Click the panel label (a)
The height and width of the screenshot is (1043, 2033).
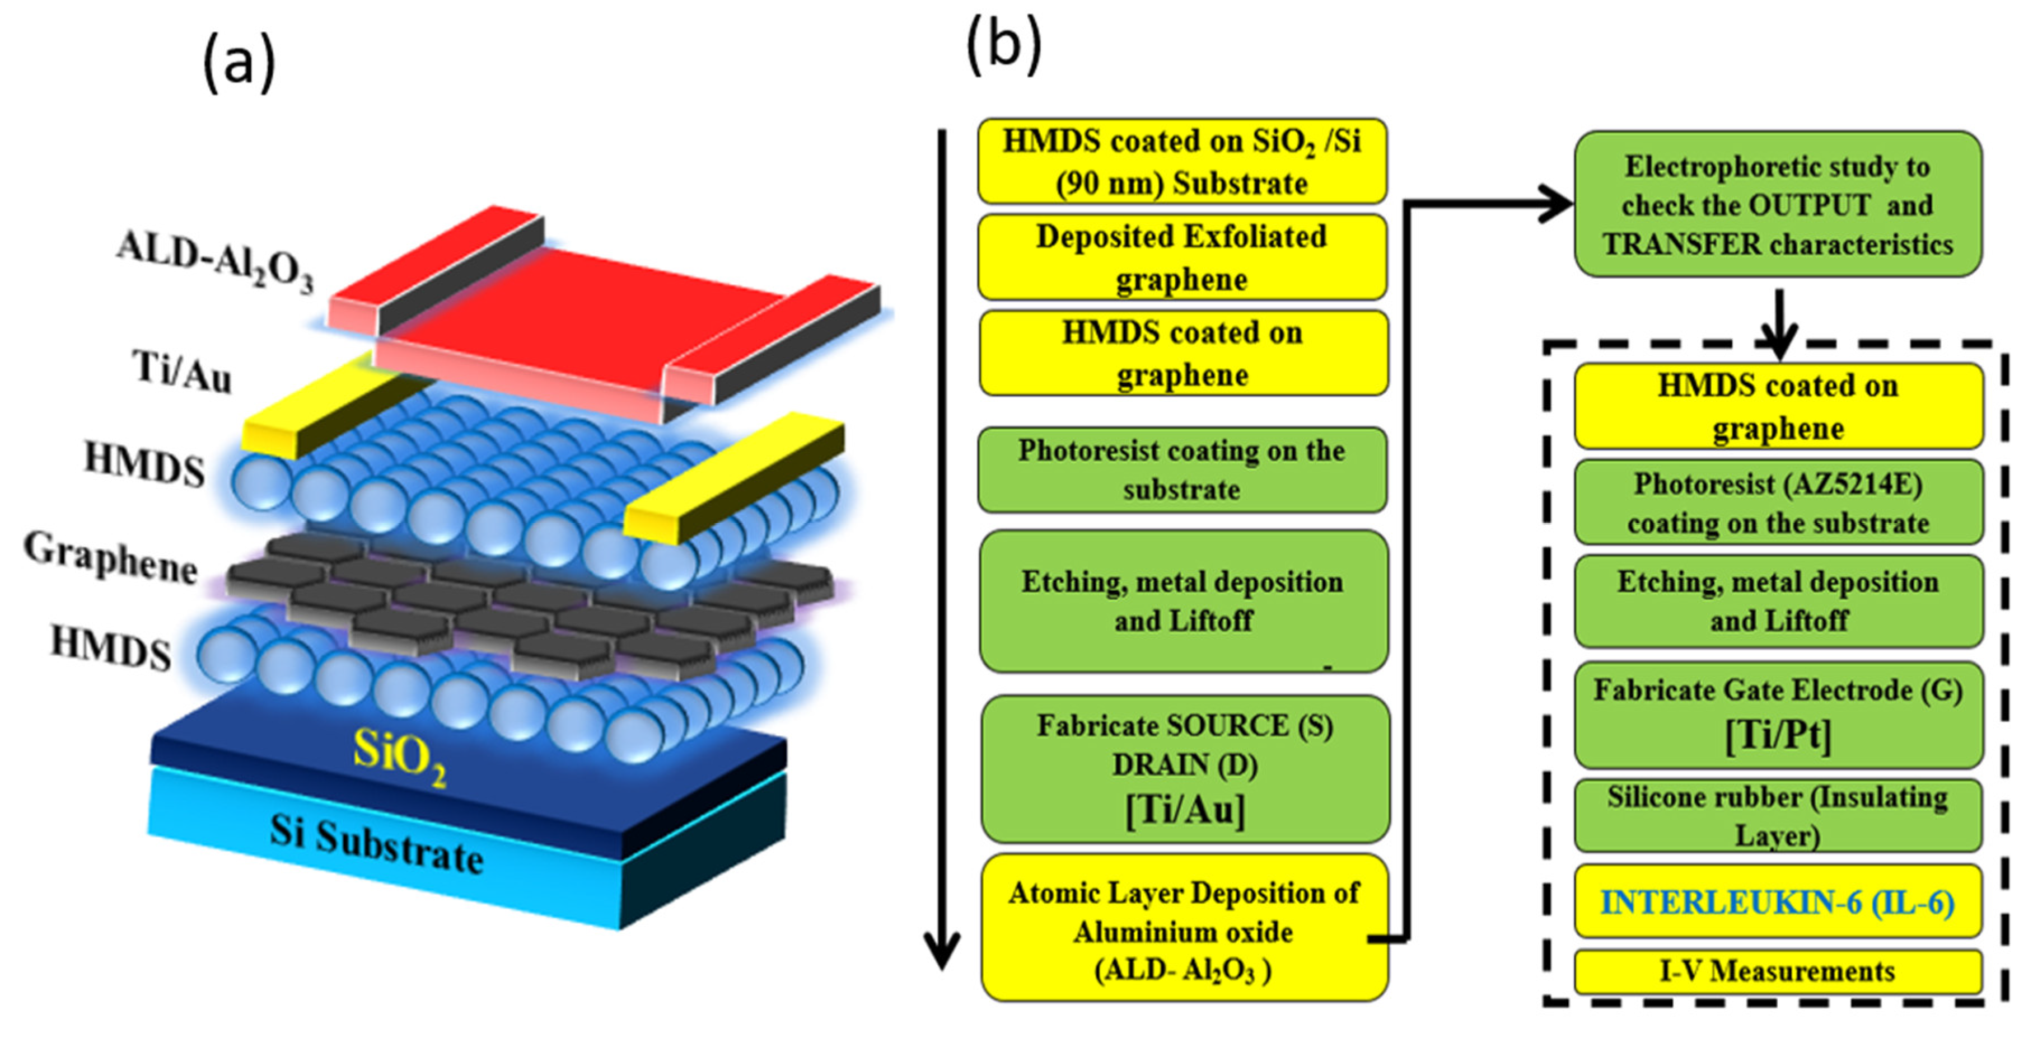(239, 64)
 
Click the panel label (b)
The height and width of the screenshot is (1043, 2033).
(1004, 45)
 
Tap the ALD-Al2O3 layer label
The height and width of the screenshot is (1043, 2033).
(214, 260)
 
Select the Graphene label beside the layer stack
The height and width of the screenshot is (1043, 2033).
(110, 557)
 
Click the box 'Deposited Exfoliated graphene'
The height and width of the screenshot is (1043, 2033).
(1181, 257)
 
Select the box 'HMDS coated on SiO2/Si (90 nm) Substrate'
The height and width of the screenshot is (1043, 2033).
(1181, 162)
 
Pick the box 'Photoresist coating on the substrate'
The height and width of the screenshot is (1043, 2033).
(1181, 470)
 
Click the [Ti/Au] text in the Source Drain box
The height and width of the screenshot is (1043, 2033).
(1185, 810)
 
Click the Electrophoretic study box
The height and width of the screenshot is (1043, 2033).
(1777, 204)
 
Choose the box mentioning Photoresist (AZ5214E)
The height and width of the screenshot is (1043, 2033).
(1777, 502)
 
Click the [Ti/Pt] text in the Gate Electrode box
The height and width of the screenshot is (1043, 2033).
(1777, 735)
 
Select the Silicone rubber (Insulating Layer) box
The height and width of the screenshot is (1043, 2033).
(1777, 816)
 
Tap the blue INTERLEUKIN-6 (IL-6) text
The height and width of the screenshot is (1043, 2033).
(1777, 902)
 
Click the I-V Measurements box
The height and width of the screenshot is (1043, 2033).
(1777, 971)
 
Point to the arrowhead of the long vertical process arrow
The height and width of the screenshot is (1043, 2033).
(942, 951)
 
